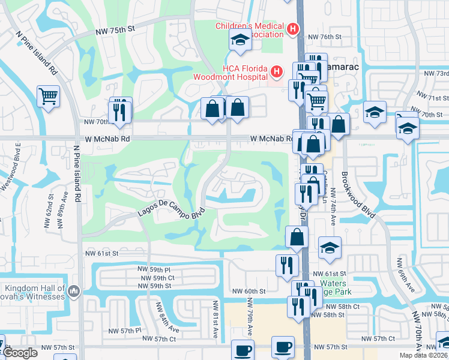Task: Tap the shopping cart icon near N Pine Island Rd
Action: tap(48, 95)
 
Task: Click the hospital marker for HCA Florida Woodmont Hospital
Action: tap(276, 72)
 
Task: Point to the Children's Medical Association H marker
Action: tap(292, 29)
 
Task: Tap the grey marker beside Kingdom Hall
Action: tap(74, 292)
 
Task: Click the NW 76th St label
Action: tap(324, 37)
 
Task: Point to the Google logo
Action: tap(20, 353)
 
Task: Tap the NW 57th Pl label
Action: tap(124, 331)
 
